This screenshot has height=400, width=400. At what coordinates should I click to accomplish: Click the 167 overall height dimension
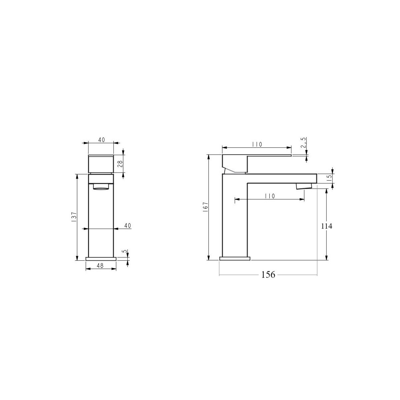click(205, 207)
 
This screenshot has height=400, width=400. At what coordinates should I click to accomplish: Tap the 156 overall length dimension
click(268, 275)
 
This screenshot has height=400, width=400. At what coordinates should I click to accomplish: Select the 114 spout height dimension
click(327, 226)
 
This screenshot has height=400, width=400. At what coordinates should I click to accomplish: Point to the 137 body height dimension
click(74, 217)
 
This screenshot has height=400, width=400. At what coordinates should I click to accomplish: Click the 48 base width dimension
click(100, 266)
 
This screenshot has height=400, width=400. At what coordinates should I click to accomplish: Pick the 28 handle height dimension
click(120, 164)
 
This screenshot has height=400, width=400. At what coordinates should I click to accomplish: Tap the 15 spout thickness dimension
click(329, 178)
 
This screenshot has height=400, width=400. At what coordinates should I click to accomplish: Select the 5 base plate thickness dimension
click(125, 251)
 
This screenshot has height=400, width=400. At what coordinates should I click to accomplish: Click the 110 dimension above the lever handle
click(257, 144)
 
